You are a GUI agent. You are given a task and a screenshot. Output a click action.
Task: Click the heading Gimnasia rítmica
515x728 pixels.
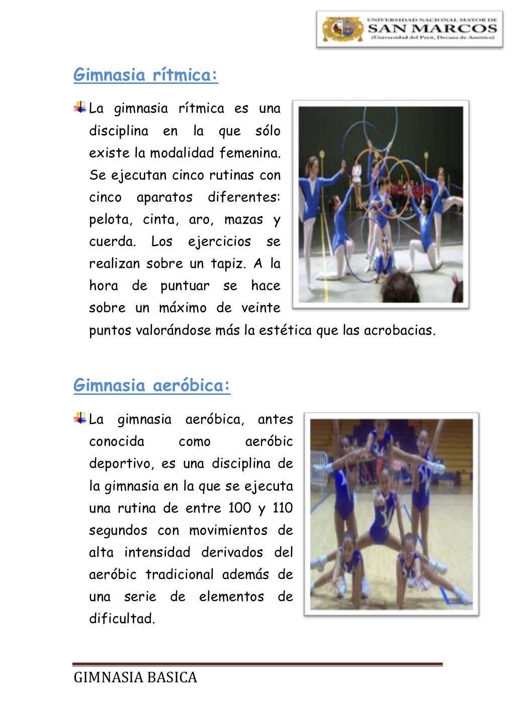click(x=145, y=75)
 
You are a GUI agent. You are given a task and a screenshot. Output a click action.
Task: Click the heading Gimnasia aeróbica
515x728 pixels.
click(x=151, y=386)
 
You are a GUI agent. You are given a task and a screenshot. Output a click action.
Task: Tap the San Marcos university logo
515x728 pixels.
click(x=409, y=30)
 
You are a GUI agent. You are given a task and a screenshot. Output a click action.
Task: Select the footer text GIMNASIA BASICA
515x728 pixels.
click(x=135, y=678)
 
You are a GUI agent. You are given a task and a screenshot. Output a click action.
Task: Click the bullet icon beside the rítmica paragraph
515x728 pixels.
click(x=79, y=107)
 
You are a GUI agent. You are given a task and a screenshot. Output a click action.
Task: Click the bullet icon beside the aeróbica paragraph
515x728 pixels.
click(x=79, y=418)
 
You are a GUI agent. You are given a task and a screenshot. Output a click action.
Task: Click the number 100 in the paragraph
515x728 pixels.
click(x=240, y=508)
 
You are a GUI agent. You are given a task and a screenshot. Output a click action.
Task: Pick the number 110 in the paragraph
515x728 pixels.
click(x=283, y=508)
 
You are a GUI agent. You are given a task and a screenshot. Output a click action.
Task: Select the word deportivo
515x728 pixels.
click(x=121, y=464)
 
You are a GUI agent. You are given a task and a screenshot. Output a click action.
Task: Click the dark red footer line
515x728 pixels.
click(x=257, y=665)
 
